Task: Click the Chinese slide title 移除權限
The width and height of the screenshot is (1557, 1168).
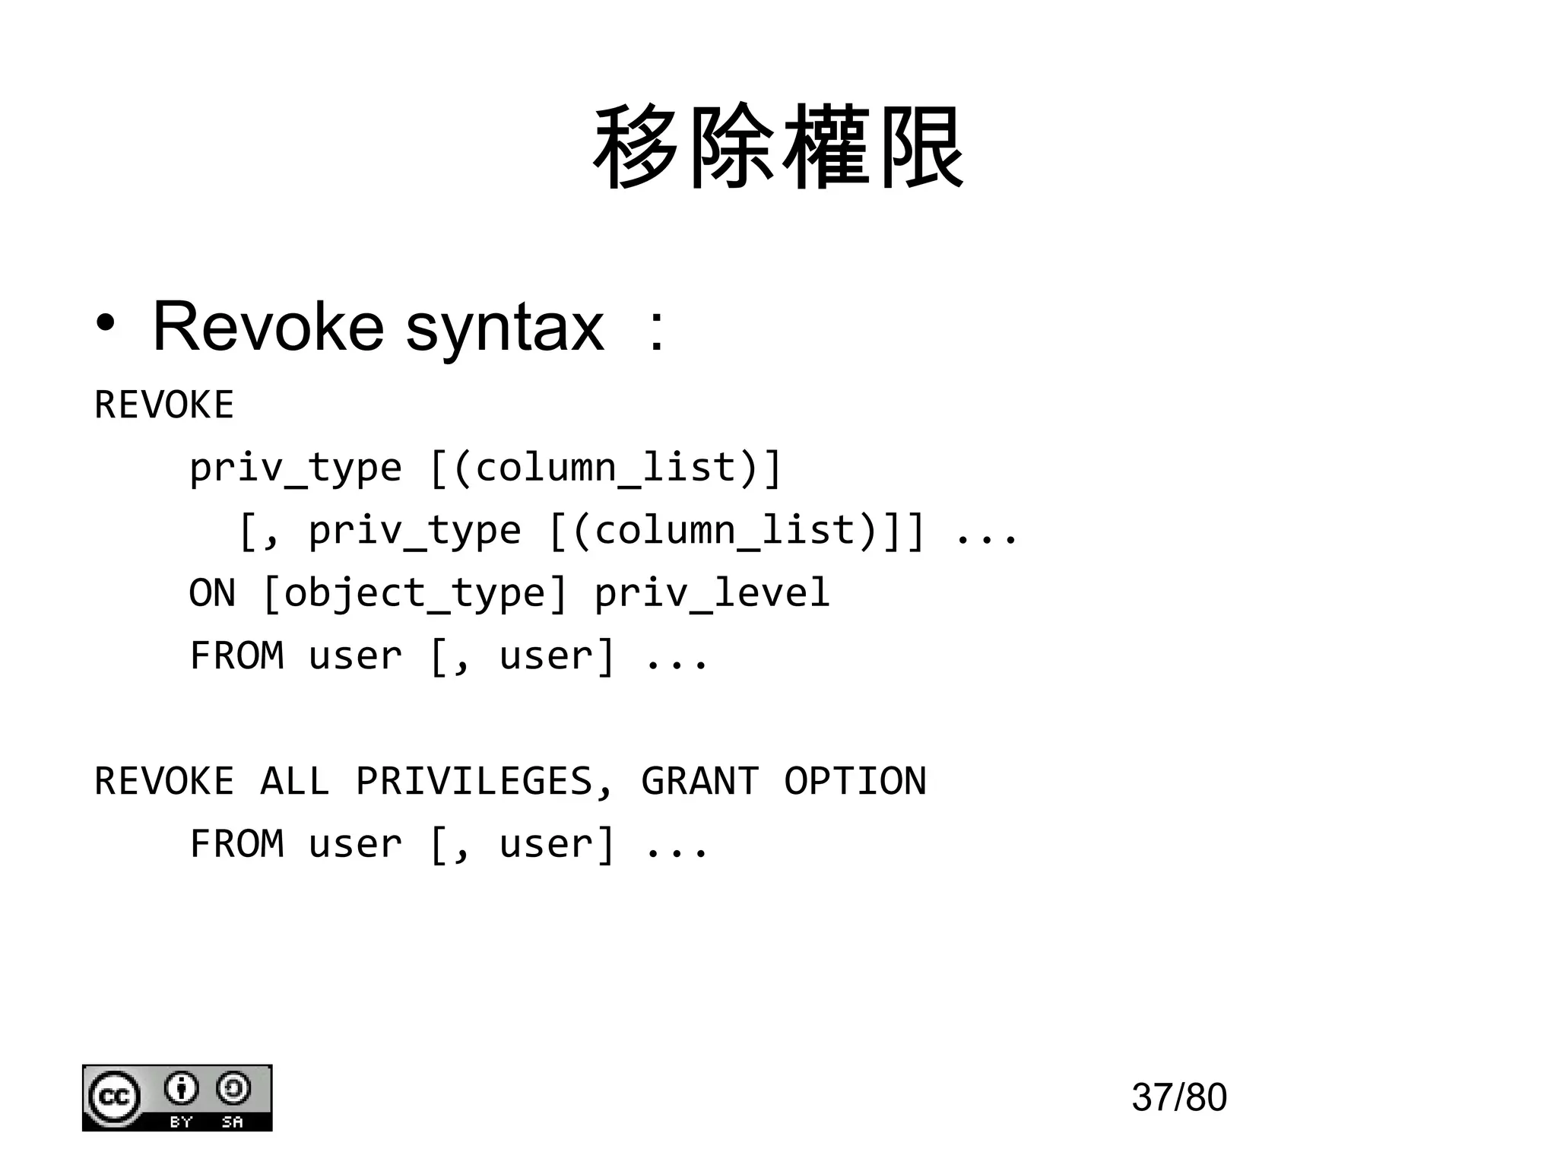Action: click(x=778, y=148)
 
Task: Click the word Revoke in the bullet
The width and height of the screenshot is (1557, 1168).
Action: click(x=268, y=327)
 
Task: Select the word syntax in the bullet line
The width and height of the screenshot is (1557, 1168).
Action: click(x=505, y=328)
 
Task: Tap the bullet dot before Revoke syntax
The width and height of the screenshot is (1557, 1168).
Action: click(x=106, y=325)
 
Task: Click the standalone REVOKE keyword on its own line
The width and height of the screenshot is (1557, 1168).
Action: click(x=164, y=405)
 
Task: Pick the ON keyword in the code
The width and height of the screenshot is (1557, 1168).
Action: click(x=212, y=593)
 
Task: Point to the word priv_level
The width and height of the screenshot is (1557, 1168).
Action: click(x=712, y=593)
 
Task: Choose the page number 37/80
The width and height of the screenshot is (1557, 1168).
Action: click(x=1178, y=1097)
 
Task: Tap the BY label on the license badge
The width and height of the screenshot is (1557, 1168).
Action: click(x=181, y=1122)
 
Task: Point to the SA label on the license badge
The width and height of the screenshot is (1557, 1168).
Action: click(x=232, y=1122)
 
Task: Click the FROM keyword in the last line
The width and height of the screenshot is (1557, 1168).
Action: click(x=236, y=844)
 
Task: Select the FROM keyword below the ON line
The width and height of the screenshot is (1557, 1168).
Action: click(x=236, y=655)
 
